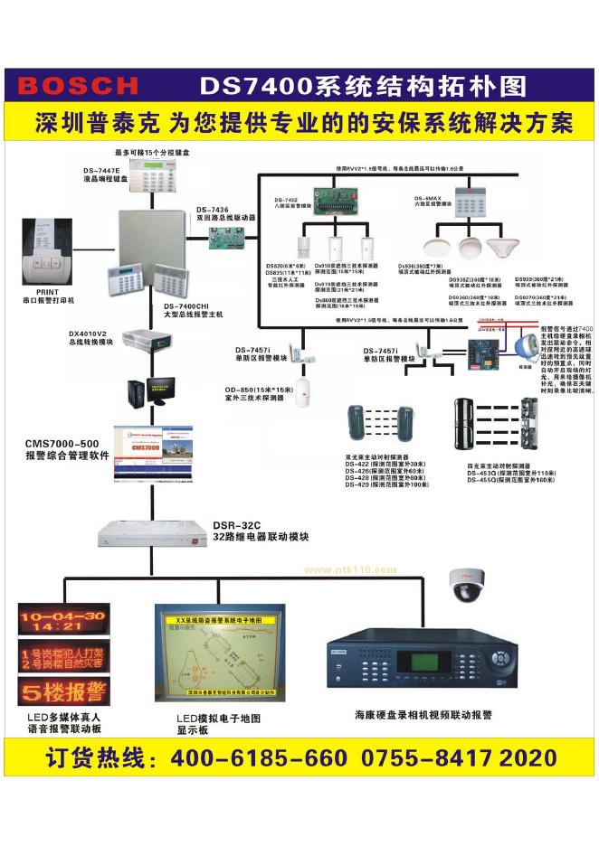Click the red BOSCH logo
[x=78, y=86]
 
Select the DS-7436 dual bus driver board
[x=223, y=237]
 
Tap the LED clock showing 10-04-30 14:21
[x=62, y=619]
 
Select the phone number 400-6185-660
[x=259, y=757]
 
